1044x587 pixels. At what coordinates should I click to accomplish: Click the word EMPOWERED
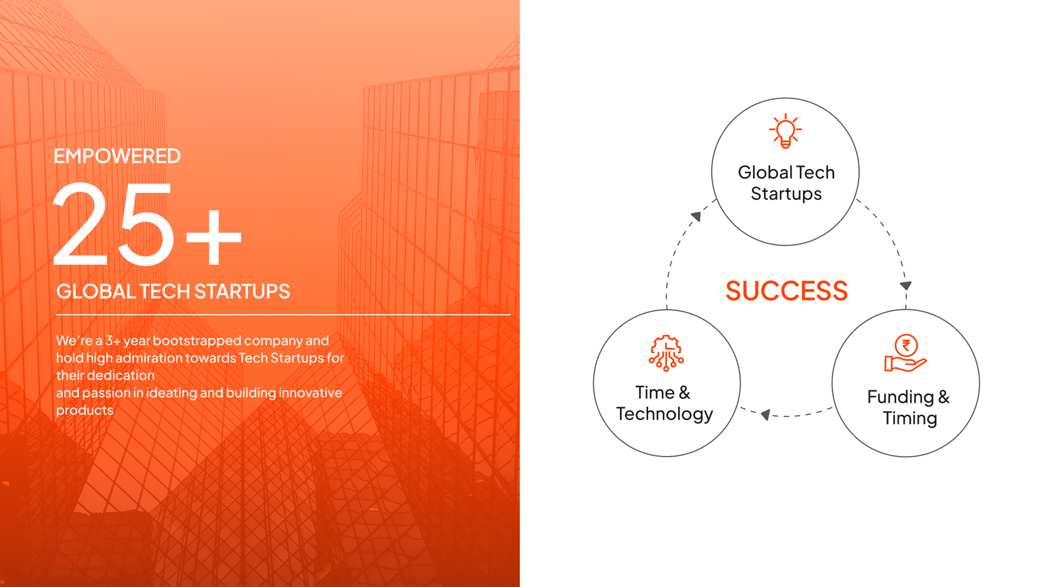(x=117, y=157)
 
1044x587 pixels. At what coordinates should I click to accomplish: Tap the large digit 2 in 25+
(x=81, y=224)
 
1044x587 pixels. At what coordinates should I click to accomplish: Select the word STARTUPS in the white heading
(x=242, y=292)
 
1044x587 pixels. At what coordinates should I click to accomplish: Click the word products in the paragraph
(x=85, y=411)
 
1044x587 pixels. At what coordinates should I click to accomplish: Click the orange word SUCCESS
(x=787, y=291)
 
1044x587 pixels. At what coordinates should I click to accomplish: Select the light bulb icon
(x=786, y=131)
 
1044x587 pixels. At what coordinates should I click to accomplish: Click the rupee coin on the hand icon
(x=906, y=345)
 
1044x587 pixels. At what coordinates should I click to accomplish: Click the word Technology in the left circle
(x=664, y=414)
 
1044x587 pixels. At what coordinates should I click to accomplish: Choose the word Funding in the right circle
(x=900, y=397)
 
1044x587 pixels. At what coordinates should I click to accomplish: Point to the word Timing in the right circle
(x=910, y=419)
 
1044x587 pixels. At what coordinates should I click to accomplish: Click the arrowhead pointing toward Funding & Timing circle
(x=906, y=285)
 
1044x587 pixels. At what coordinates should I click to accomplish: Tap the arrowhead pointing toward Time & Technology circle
(x=766, y=415)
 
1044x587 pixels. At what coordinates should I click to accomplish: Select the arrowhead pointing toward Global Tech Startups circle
(x=697, y=216)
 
